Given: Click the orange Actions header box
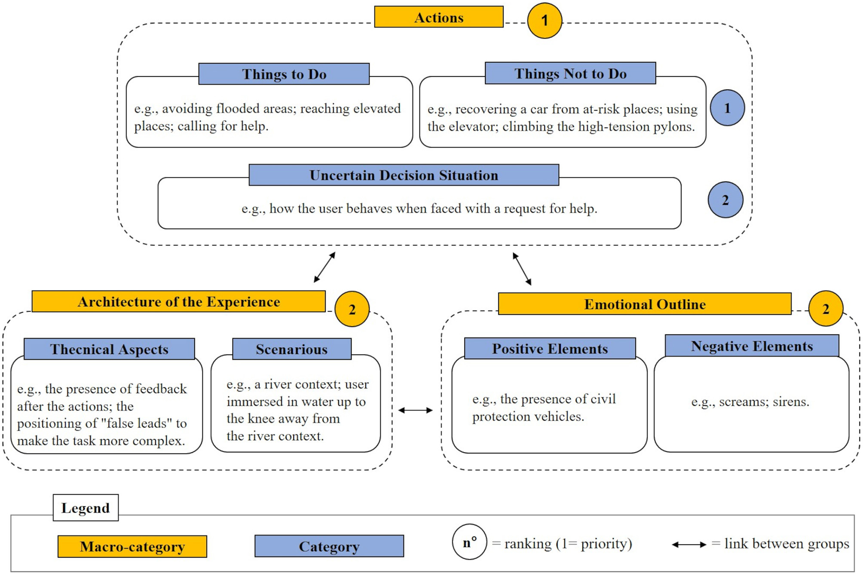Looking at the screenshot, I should pos(438,17).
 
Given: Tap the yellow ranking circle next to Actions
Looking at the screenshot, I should pos(544,20).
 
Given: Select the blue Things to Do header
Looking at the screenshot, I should pos(284,74).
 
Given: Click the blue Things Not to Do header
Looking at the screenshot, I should pos(570,73).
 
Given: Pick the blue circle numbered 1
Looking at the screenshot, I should pos(727,108).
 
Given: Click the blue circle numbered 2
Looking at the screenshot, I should pos(725,200).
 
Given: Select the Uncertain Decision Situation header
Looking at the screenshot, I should pos(404,175).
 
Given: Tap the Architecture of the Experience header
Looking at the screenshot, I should pos(178,301).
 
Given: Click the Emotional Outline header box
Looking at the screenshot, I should pos(644,304).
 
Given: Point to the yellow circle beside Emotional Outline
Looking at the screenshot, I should pos(825,309).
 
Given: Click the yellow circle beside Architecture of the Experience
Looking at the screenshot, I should pos(352,309).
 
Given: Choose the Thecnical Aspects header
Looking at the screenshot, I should pos(109,349).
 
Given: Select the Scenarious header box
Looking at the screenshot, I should pos(291,349).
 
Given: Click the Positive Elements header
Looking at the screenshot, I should pos(550,348).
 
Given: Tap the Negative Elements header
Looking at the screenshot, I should pos(752,346).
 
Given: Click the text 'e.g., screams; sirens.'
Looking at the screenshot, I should pos(750,402).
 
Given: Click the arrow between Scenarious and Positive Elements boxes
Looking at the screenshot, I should pos(415,410).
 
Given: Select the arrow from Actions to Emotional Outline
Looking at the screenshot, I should pos(522,269).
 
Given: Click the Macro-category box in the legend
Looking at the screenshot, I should pos(132,546).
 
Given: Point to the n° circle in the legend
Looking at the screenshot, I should pos(469,542).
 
